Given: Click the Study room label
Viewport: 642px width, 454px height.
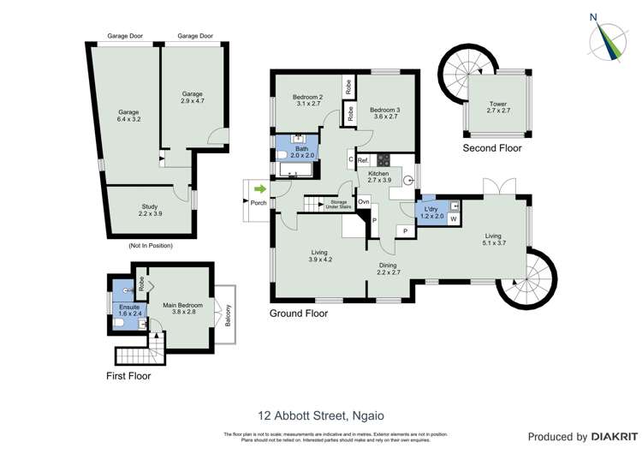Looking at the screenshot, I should (150, 210).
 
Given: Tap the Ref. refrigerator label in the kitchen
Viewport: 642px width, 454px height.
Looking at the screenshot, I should (363, 160).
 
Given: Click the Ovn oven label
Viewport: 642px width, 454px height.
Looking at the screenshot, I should (363, 202).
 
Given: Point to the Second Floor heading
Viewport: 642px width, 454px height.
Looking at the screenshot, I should (492, 148).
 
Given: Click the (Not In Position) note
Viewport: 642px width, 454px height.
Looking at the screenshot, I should (150, 246).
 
